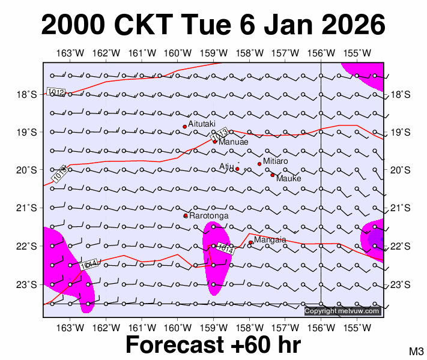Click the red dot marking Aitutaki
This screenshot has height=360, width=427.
point(185,127)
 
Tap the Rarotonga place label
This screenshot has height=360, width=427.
point(208,215)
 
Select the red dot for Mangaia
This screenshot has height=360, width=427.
point(250,242)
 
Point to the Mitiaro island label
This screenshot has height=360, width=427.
point(276,161)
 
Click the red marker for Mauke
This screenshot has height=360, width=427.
point(272,175)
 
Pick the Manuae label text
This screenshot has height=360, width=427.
point(231,143)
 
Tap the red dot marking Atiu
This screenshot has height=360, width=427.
point(237,169)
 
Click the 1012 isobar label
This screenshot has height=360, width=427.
point(55,91)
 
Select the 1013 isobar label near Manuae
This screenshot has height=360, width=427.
point(219,136)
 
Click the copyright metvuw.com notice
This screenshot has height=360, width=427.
point(342,311)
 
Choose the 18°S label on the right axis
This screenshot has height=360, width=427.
point(400,94)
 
